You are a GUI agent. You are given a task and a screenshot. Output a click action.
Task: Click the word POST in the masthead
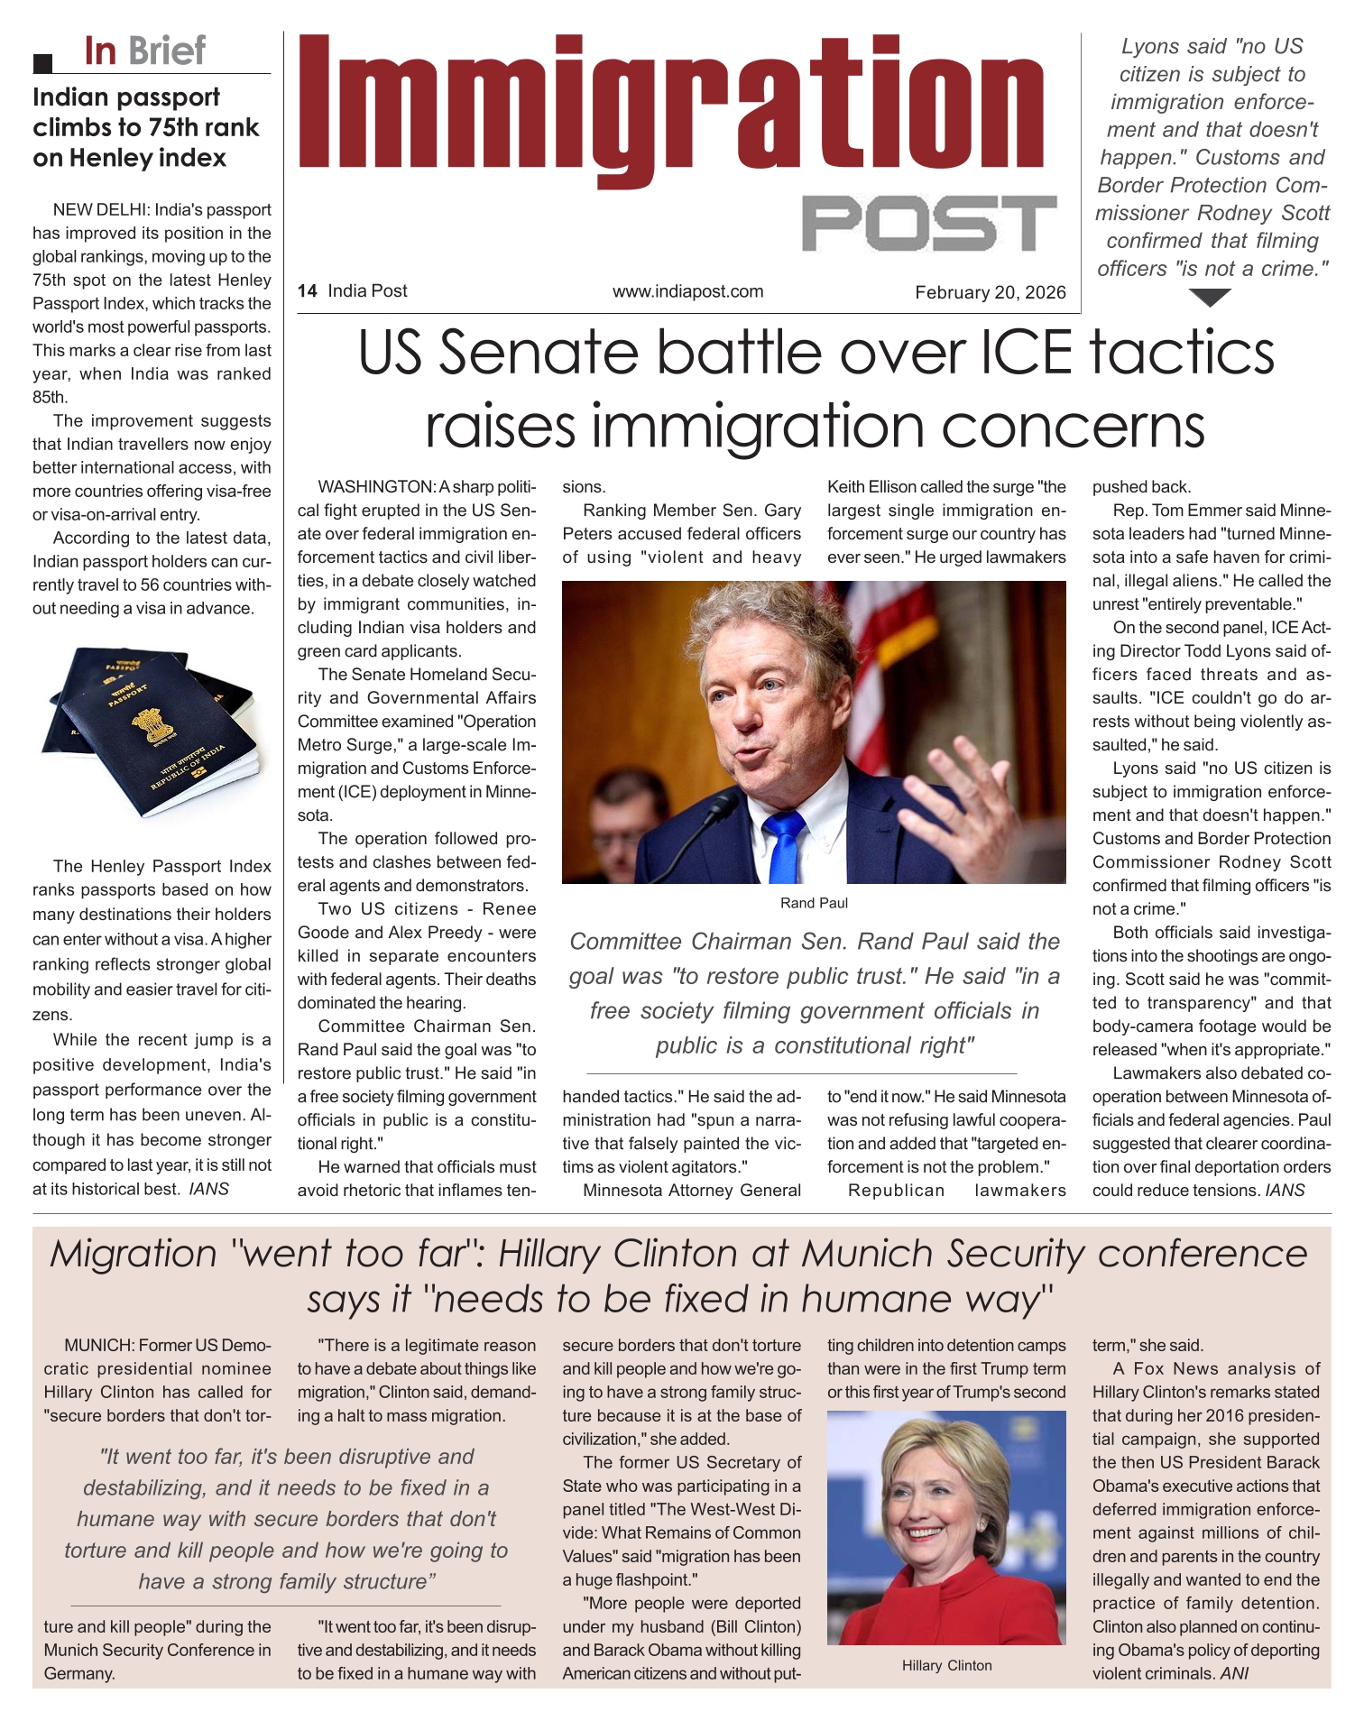[929, 223]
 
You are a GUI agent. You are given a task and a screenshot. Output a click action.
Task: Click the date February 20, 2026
[990, 292]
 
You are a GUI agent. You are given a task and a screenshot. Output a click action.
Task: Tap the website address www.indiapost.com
[687, 291]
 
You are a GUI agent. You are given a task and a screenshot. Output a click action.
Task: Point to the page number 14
[307, 291]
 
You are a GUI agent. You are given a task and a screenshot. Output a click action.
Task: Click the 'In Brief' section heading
[144, 51]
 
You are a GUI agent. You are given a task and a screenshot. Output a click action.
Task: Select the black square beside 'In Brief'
[41, 63]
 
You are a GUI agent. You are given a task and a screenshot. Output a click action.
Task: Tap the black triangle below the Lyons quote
[1210, 297]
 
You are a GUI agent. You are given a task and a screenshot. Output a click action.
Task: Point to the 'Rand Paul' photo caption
[814, 903]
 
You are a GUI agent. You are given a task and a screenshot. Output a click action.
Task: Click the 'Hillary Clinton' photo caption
[946, 1665]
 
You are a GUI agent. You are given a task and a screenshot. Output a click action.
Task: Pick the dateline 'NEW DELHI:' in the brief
[100, 210]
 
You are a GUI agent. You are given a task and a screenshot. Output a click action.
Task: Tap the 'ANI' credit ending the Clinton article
[1234, 1673]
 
